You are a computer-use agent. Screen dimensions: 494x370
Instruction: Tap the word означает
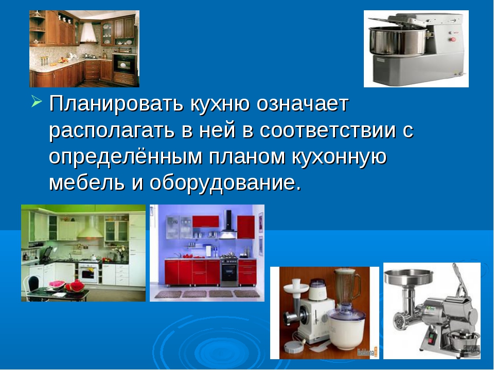pos(303,104)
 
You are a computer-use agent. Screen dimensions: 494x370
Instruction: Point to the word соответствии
pos(327,130)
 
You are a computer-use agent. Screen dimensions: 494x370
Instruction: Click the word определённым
pos(126,157)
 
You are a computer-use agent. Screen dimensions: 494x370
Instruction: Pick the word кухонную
pos(339,157)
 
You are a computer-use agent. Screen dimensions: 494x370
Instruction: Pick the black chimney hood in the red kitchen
pos(228,225)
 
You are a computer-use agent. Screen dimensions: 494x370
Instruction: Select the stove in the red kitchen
pos(228,271)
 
